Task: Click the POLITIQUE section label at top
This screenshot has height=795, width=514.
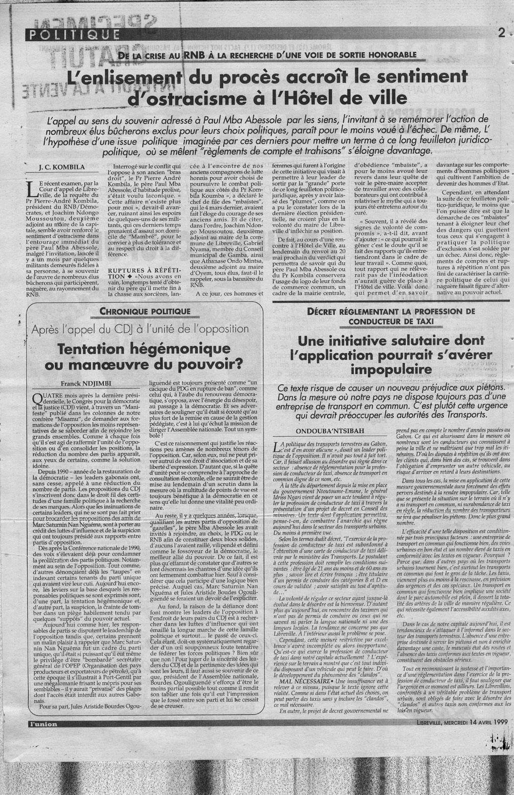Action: pos(74,34)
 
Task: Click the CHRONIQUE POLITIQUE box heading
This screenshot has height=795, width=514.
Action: pos(138,312)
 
